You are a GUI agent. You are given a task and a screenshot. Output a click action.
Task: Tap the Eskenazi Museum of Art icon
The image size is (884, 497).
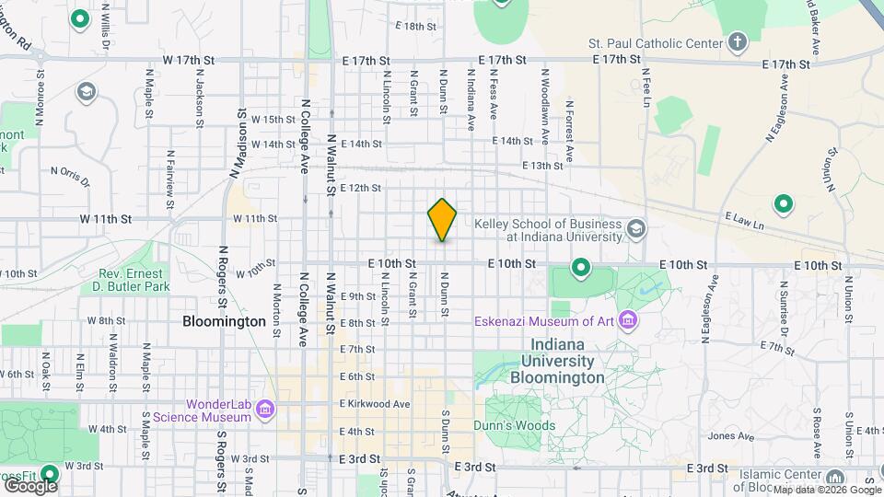pyautogui.click(x=629, y=321)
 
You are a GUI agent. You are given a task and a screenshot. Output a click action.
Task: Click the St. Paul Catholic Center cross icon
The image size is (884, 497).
pyautogui.click(x=737, y=42)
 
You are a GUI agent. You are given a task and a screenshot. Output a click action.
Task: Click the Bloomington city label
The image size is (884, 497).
pyautogui.click(x=224, y=322)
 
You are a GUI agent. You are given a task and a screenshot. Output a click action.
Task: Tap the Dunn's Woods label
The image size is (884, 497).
pyautogui.click(x=515, y=426)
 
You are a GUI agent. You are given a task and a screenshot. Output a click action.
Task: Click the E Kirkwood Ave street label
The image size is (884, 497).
pyautogui.click(x=375, y=404)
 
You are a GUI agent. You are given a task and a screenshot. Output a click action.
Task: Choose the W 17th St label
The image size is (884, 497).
pyautogui.click(x=188, y=60)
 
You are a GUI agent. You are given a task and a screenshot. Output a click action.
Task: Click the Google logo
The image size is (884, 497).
pyautogui.click(x=29, y=485)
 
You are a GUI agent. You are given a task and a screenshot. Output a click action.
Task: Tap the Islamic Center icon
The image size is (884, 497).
pyautogui.click(x=834, y=478)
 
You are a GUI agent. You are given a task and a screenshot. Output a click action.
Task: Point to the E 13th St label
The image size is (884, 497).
pyautogui.click(x=541, y=166)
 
